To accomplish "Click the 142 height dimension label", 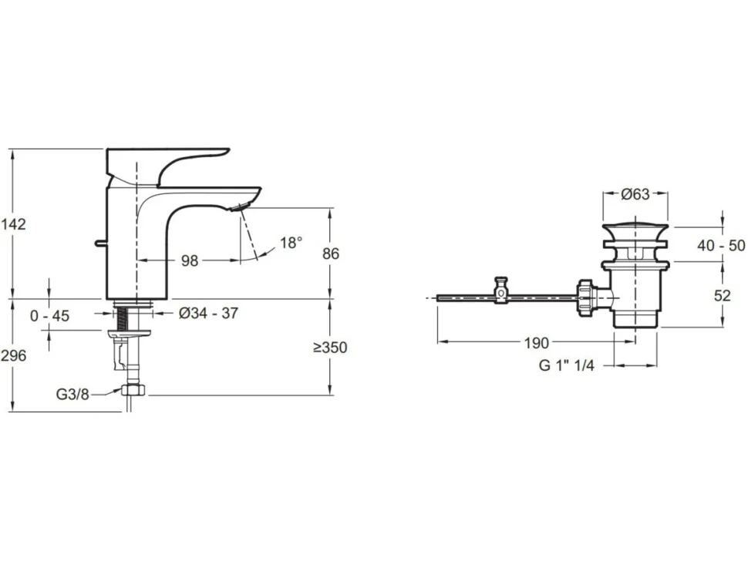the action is [x=13, y=223].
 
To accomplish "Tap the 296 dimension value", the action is [x=13, y=355].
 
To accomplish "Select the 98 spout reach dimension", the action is [x=190, y=260].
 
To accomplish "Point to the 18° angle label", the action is [x=291, y=243].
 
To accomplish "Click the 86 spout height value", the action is [x=331, y=254].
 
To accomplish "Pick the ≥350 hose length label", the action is [x=330, y=348].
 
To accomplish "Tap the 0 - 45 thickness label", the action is [x=49, y=315].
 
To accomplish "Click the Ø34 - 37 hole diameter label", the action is [x=208, y=313].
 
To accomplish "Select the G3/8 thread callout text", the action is [x=72, y=395].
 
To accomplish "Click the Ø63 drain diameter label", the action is [x=635, y=194].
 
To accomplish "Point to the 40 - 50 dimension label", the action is [x=721, y=246].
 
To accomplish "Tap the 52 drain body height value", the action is [x=723, y=295].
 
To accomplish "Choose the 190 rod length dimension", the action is [x=537, y=343].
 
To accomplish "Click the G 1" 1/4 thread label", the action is [x=567, y=365].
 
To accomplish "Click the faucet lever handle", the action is [x=167, y=166].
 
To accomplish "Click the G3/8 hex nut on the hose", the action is [x=133, y=389].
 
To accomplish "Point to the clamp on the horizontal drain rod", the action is [x=501, y=291].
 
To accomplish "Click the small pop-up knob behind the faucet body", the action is [x=99, y=243].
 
